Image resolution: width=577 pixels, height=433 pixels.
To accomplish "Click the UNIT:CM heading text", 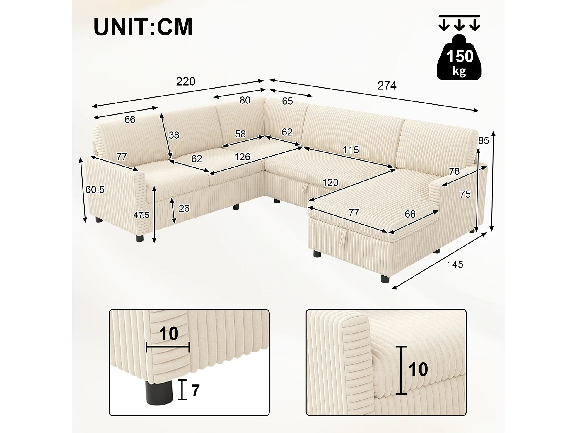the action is click(x=143, y=27).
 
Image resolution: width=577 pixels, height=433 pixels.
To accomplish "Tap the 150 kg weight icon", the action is click(x=459, y=57).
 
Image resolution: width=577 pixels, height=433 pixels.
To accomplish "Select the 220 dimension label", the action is click(x=186, y=81).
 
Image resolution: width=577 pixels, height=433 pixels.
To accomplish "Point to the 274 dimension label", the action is click(x=387, y=86).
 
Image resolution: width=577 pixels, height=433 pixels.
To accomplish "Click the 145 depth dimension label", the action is click(x=455, y=265).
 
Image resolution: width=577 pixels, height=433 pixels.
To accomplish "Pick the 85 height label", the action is click(x=484, y=141).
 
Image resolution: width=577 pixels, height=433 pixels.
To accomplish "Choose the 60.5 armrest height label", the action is click(x=95, y=190).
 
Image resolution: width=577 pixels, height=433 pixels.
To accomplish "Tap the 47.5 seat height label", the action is click(x=141, y=215).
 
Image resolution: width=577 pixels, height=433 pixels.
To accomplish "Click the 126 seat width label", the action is click(x=242, y=157).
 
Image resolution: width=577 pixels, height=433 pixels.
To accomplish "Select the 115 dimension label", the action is click(x=351, y=150).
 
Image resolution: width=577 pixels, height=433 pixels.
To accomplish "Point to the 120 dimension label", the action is click(x=330, y=183).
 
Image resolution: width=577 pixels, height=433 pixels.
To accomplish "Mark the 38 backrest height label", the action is click(x=174, y=135).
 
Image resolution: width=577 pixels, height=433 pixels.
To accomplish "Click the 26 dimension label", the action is click(x=184, y=208).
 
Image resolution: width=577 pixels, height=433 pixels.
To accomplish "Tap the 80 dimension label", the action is click(x=245, y=100).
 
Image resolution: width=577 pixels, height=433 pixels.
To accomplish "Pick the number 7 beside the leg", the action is click(x=195, y=390).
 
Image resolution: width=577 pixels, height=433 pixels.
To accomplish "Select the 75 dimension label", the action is click(x=465, y=194).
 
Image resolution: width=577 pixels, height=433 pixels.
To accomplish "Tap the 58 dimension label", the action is click(x=240, y=134).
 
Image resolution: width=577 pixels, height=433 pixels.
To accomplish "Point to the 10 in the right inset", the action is click(x=418, y=369).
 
